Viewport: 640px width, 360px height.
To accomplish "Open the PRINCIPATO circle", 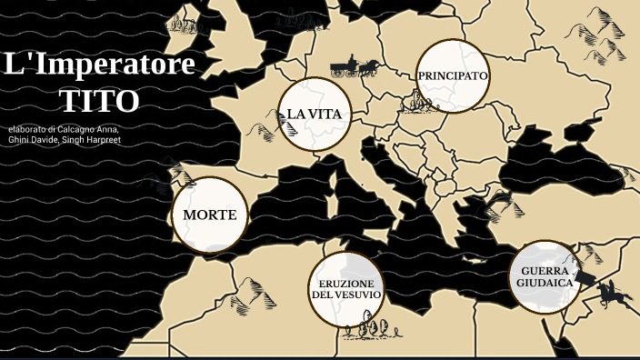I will [x=453, y=76].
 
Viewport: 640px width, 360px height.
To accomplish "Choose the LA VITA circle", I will [x=314, y=114].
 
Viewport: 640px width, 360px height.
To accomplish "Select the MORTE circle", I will [x=209, y=215].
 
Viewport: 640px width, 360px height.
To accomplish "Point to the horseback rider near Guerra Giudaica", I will [x=611, y=293].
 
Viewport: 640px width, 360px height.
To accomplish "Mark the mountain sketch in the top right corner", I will [x=600, y=27].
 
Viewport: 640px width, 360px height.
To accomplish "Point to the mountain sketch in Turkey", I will [x=502, y=205].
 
